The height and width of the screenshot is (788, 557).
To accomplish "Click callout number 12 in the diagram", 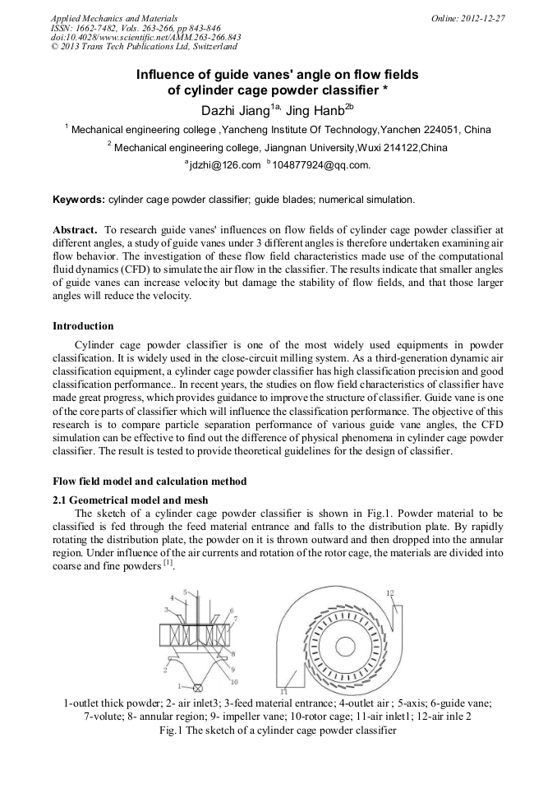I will coord(390,592).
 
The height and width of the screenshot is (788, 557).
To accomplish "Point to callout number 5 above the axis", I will coord(185,592).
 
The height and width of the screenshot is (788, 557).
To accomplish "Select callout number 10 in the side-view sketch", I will coord(234,681).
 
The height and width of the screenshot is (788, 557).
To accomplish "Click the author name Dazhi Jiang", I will coord(236,110).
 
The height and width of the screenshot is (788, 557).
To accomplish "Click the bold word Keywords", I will coord(79,200).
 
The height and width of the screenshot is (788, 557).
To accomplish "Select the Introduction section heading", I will coord(83,326).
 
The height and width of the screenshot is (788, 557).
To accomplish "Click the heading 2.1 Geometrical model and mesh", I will coord(131,500).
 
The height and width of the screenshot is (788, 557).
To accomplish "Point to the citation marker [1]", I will coord(168,565).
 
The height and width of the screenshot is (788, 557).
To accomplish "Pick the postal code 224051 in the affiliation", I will coord(438,130).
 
